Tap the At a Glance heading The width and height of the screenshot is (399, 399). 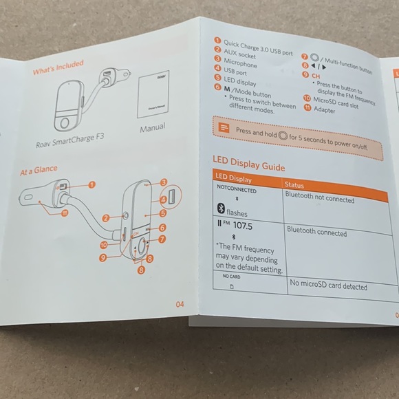point(39,170)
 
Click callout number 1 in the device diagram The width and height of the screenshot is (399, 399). point(91,184)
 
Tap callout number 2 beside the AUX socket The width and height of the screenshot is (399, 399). point(106,218)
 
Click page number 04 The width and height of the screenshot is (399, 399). point(180,303)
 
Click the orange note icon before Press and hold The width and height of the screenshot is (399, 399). point(224,128)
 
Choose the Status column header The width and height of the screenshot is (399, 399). point(297,185)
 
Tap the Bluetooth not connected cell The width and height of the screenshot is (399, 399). point(320,199)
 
